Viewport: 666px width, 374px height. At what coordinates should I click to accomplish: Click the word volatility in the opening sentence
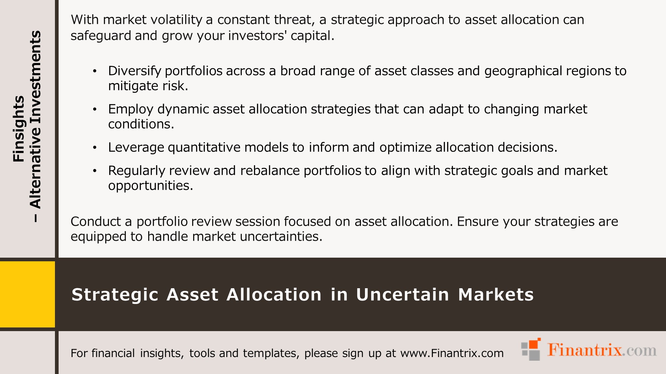click(x=176, y=20)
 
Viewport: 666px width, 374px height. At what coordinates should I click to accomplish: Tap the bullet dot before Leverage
click(x=95, y=148)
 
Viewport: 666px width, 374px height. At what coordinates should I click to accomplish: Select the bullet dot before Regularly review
click(x=95, y=171)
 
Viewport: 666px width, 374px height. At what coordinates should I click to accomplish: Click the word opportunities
click(x=151, y=186)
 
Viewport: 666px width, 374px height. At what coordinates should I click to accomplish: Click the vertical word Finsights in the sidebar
click(x=19, y=129)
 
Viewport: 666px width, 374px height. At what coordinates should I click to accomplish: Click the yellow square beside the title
click(x=27, y=294)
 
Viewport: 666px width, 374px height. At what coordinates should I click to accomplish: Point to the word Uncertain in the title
click(x=403, y=295)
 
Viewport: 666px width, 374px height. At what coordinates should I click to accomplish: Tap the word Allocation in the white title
click(x=274, y=295)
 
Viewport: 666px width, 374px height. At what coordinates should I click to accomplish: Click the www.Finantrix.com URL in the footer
click(x=452, y=353)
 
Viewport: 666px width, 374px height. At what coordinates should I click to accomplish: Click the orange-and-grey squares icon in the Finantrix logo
click(x=531, y=349)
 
